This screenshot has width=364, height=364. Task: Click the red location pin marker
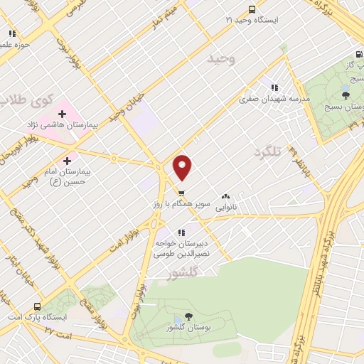183,166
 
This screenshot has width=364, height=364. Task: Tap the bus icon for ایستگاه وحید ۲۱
251,9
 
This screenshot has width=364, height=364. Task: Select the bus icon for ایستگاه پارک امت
38,307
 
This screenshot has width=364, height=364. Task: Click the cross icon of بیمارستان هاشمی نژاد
63,113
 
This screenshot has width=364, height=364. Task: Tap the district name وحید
220,59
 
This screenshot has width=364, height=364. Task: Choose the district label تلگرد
268,151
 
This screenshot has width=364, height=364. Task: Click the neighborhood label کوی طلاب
32,100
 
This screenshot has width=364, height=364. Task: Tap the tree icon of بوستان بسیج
346,95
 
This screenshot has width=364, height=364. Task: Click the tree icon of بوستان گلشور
188,317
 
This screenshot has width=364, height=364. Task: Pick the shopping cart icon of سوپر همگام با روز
182,193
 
